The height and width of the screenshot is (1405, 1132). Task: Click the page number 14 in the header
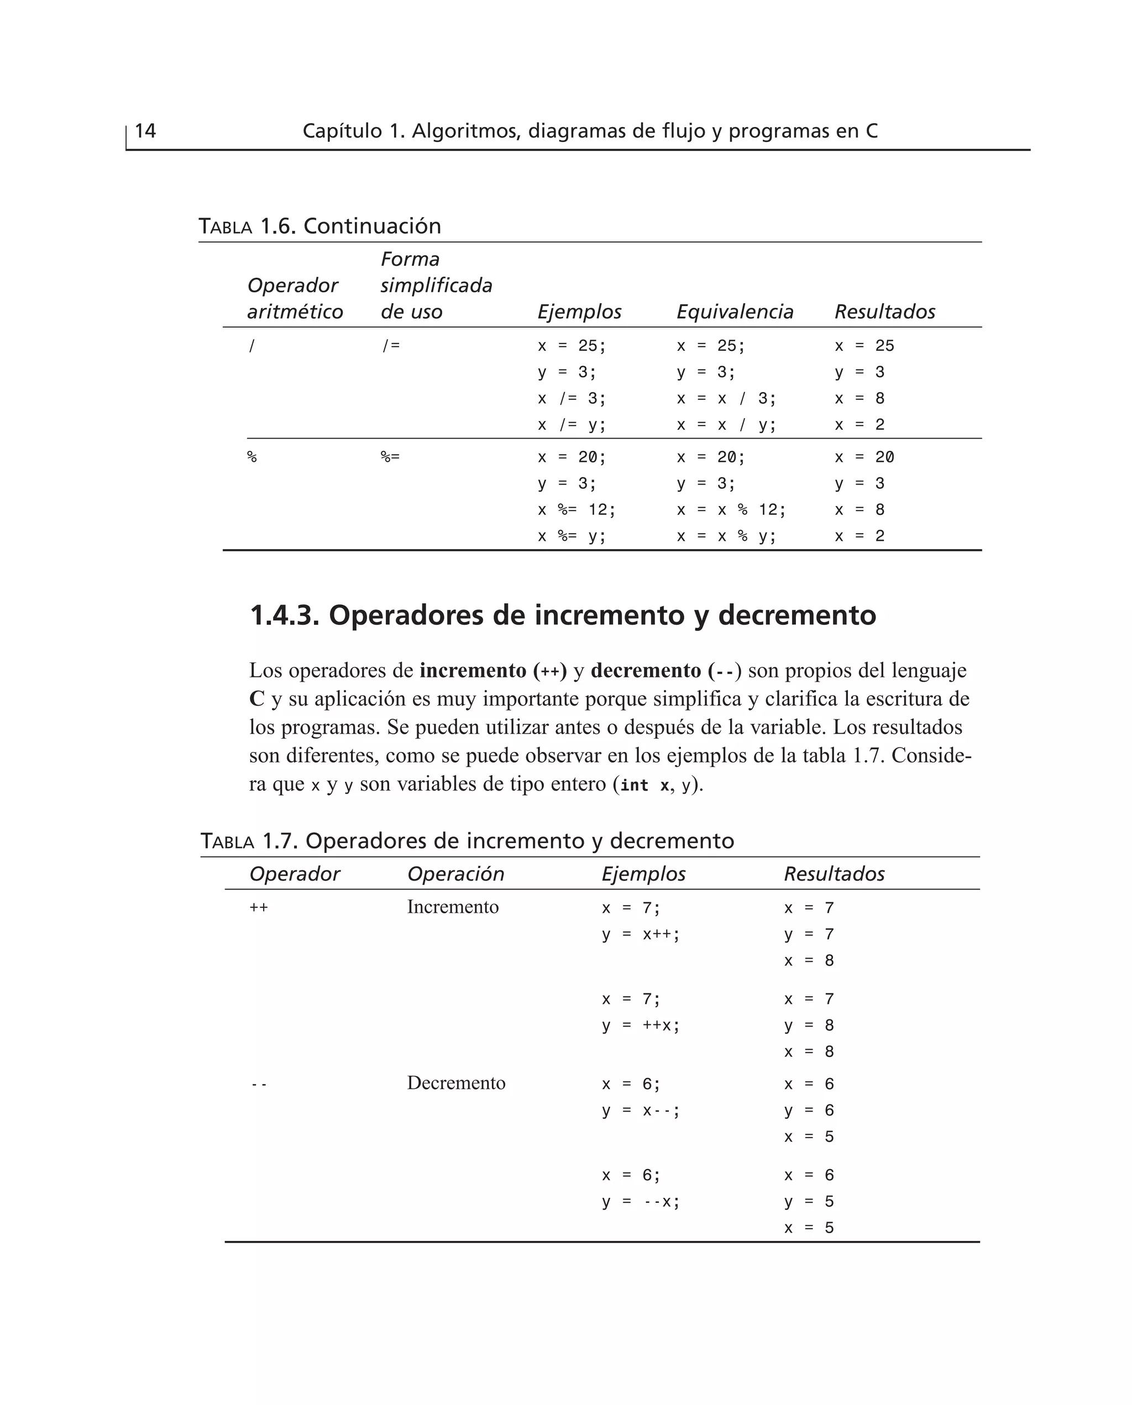click(x=145, y=131)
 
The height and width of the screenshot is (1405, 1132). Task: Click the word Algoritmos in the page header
click(x=465, y=131)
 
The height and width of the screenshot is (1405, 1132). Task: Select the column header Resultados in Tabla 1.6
click(x=884, y=312)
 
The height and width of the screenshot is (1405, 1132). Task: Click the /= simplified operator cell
click(x=391, y=346)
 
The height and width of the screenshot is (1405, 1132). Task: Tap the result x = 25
click(x=864, y=346)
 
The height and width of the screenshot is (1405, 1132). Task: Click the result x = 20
click(x=864, y=457)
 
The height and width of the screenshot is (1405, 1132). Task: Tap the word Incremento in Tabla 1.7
click(x=453, y=907)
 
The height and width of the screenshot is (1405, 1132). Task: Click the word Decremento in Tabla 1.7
click(x=456, y=1083)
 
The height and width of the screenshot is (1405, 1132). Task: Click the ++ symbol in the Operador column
click(x=258, y=908)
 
